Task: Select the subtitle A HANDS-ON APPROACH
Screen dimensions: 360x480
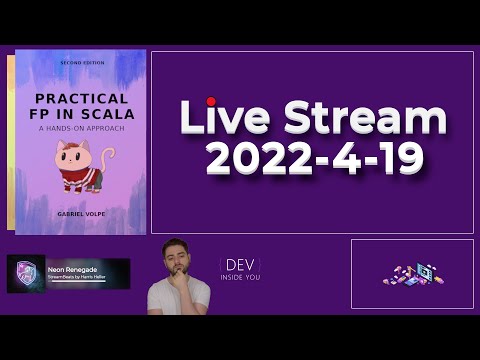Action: coord(81,128)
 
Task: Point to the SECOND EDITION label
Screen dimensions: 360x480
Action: coord(81,62)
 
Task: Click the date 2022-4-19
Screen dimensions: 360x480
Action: coord(311,159)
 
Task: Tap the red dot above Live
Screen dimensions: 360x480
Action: coord(211,101)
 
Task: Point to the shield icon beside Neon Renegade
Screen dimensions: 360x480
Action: coord(26,273)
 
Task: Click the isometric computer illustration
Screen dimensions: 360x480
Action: coord(412,273)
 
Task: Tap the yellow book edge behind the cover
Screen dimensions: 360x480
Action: coord(10,140)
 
